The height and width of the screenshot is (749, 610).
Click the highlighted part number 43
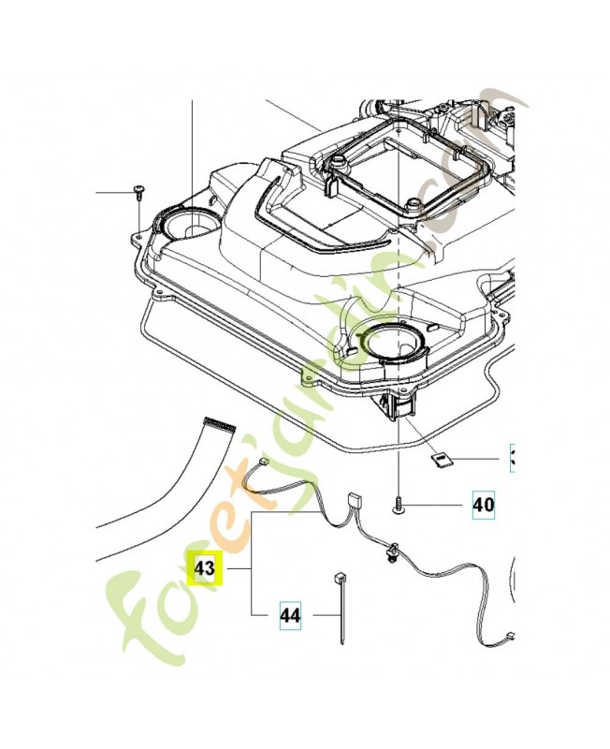pos(204,568)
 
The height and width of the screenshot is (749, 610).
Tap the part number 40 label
pos(483,506)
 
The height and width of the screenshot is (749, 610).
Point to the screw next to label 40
pos(399,507)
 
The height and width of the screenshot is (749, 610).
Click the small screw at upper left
pos(138,191)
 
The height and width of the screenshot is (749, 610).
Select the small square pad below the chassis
pos(441,458)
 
